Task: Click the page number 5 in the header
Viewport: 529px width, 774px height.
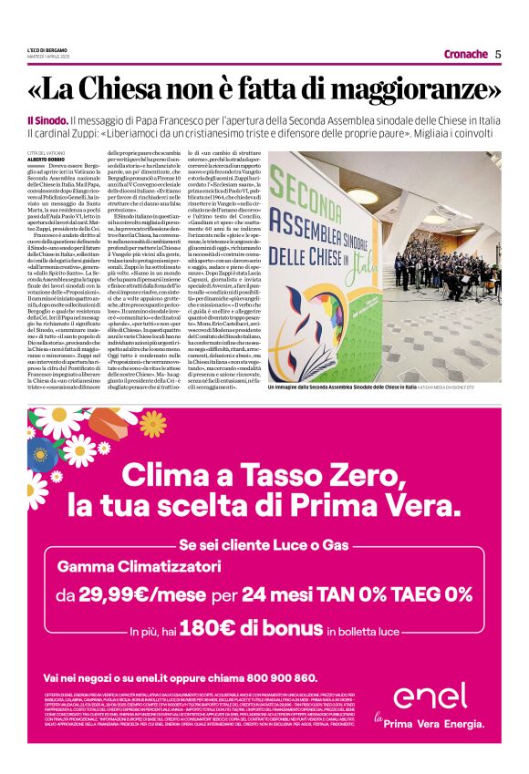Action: coord(498,54)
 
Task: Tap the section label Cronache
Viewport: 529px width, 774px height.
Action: coord(466,54)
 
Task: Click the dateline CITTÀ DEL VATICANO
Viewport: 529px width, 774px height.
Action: coord(49,152)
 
